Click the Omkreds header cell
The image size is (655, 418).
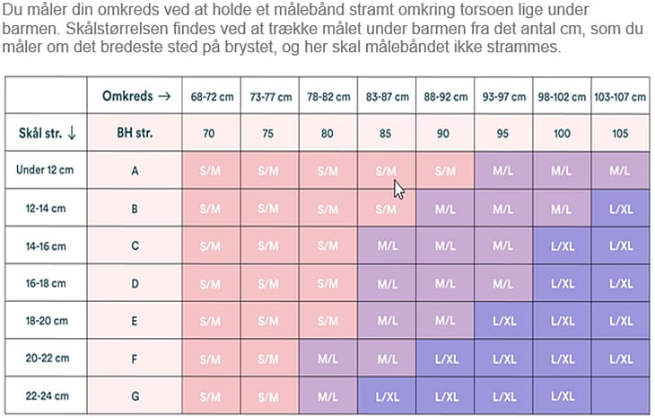[x=135, y=96]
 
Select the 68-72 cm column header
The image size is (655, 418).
[x=210, y=96]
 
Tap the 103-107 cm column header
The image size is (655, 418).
[x=621, y=96]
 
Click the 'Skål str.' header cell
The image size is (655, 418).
[x=47, y=133]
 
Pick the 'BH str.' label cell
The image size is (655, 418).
[x=135, y=133]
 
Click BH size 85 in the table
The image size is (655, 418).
[x=386, y=133]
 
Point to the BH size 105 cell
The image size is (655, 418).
[x=621, y=133]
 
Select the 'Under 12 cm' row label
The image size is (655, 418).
[x=47, y=170]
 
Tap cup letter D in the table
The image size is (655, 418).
[x=135, y=283]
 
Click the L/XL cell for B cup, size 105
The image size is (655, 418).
[x=621, y=208]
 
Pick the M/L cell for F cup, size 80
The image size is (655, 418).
[x=327, y=359]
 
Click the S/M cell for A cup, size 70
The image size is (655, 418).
[x=210, y=170]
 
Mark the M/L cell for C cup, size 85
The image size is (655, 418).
[x=386, y=245]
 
